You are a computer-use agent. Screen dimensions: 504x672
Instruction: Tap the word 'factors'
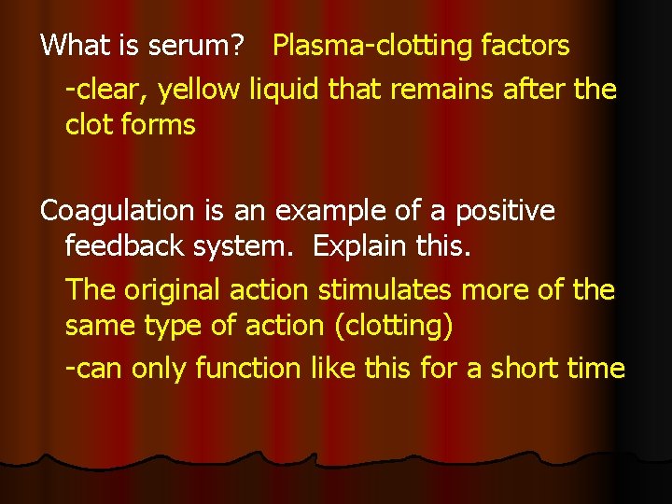pos(526,45)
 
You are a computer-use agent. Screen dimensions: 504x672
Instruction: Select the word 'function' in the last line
pos(246,368)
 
